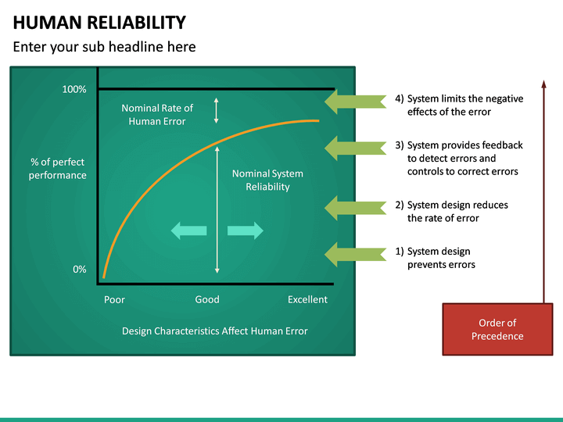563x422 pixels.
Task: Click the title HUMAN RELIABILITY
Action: point(99,23)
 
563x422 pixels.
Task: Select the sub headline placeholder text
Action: point(104,47)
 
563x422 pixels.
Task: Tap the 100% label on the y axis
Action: point(74,90)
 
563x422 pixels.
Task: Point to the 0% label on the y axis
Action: point(80,269)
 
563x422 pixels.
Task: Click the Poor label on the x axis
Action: point(114,299)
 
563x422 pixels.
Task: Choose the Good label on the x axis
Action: point(207,299)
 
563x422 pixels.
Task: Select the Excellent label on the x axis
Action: point(307,299)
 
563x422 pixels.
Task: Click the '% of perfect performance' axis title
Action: point(58,169)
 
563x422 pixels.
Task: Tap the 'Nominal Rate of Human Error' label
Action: point(157,114)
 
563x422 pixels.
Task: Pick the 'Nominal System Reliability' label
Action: point(267,180)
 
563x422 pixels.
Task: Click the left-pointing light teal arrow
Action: point(188,230)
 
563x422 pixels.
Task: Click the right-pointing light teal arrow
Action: point(245,230)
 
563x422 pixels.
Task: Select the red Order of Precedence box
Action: point(497,329)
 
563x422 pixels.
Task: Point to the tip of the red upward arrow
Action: point(543,80)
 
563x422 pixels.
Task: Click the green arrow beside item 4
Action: point(354,102)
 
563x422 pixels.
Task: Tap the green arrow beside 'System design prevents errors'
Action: point(354,255)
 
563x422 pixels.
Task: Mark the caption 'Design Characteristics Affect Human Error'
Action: point(215,331)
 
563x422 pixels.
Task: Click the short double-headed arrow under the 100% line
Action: point(217,110)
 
